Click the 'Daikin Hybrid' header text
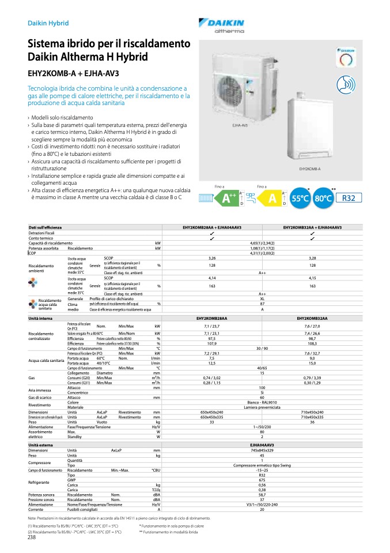[48, 24]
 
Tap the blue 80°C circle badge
[324, 199]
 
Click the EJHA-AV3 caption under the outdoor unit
[239, 125]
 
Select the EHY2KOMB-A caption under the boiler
[310, 169]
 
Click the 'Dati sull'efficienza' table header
[46, 227]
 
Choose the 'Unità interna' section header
[41, 318]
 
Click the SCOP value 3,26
[212, 258]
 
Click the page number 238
[32, 537]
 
